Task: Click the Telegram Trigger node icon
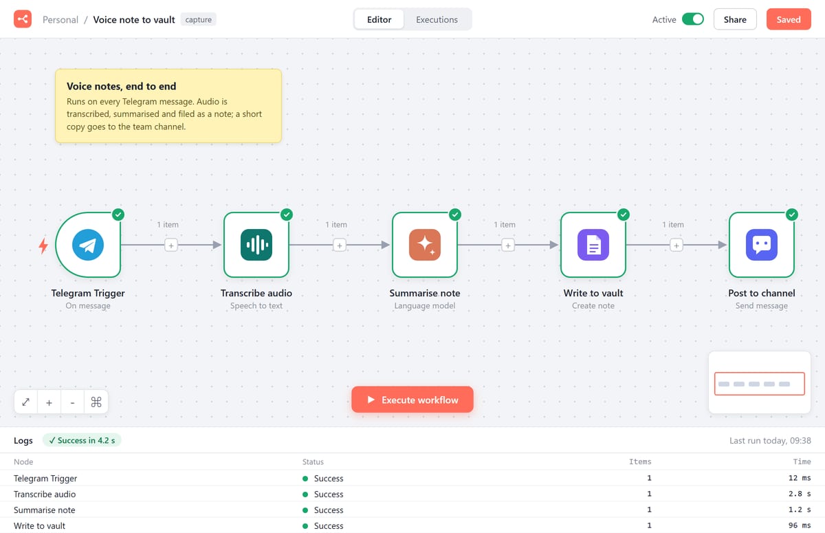click(x=88, y=245)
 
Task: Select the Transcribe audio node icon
click(x=256, y=245)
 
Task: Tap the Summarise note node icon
click(x=425, y=245)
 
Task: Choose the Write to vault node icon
click(x=593, y=245)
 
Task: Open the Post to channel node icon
click(x=762, y=245)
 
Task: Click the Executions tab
click(x=437, y=19)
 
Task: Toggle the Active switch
click(x=693, y=19)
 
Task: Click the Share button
click(x=735, y=19)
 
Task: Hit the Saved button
click(x=789, y=19)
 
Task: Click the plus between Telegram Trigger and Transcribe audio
click(x=171, y=246)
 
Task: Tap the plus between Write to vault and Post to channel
click(x=676, y=246)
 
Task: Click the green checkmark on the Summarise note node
click(x=455, y=215)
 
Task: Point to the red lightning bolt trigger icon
click(x=43, y=246)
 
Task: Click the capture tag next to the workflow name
click(x=198, y=19)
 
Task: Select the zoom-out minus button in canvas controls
click(x=73, y=402)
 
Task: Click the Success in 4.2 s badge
click(x=82, y=441)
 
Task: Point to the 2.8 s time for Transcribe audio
click(x=799, y=494)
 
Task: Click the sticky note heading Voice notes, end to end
click(x=121, y=86)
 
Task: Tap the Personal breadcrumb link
click(x=60, y=19)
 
